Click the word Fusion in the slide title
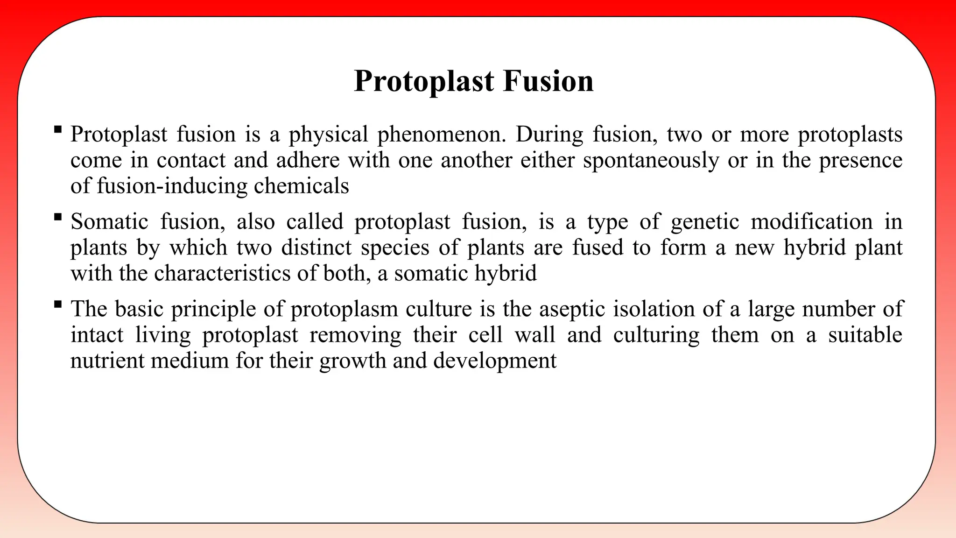tap(548, 81)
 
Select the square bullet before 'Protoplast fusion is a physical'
tap(58, 129)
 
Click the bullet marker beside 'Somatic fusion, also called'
tap(58, 216)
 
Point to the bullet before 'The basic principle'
tap(58, 304)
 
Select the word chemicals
tap(302, 186)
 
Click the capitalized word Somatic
tap(109, 222)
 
